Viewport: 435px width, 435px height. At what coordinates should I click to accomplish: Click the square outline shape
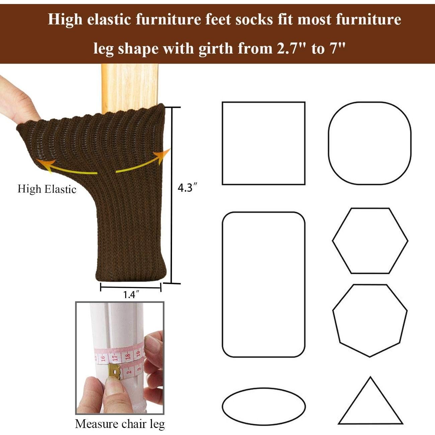(x=264, y=143)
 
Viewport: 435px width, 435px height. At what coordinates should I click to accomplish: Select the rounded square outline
(x=369, y=143)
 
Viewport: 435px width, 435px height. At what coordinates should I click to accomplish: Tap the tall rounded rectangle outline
(x=264, y=284)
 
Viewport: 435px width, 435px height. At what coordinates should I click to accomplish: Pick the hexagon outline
(x=370, y=241)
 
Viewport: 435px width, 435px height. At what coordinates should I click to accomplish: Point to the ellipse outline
(x=264, y=406)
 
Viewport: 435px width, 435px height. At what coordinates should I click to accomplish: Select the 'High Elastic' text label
(x=47, y=189)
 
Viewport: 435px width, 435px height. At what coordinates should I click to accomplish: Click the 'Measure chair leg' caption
(x=120, y=424)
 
